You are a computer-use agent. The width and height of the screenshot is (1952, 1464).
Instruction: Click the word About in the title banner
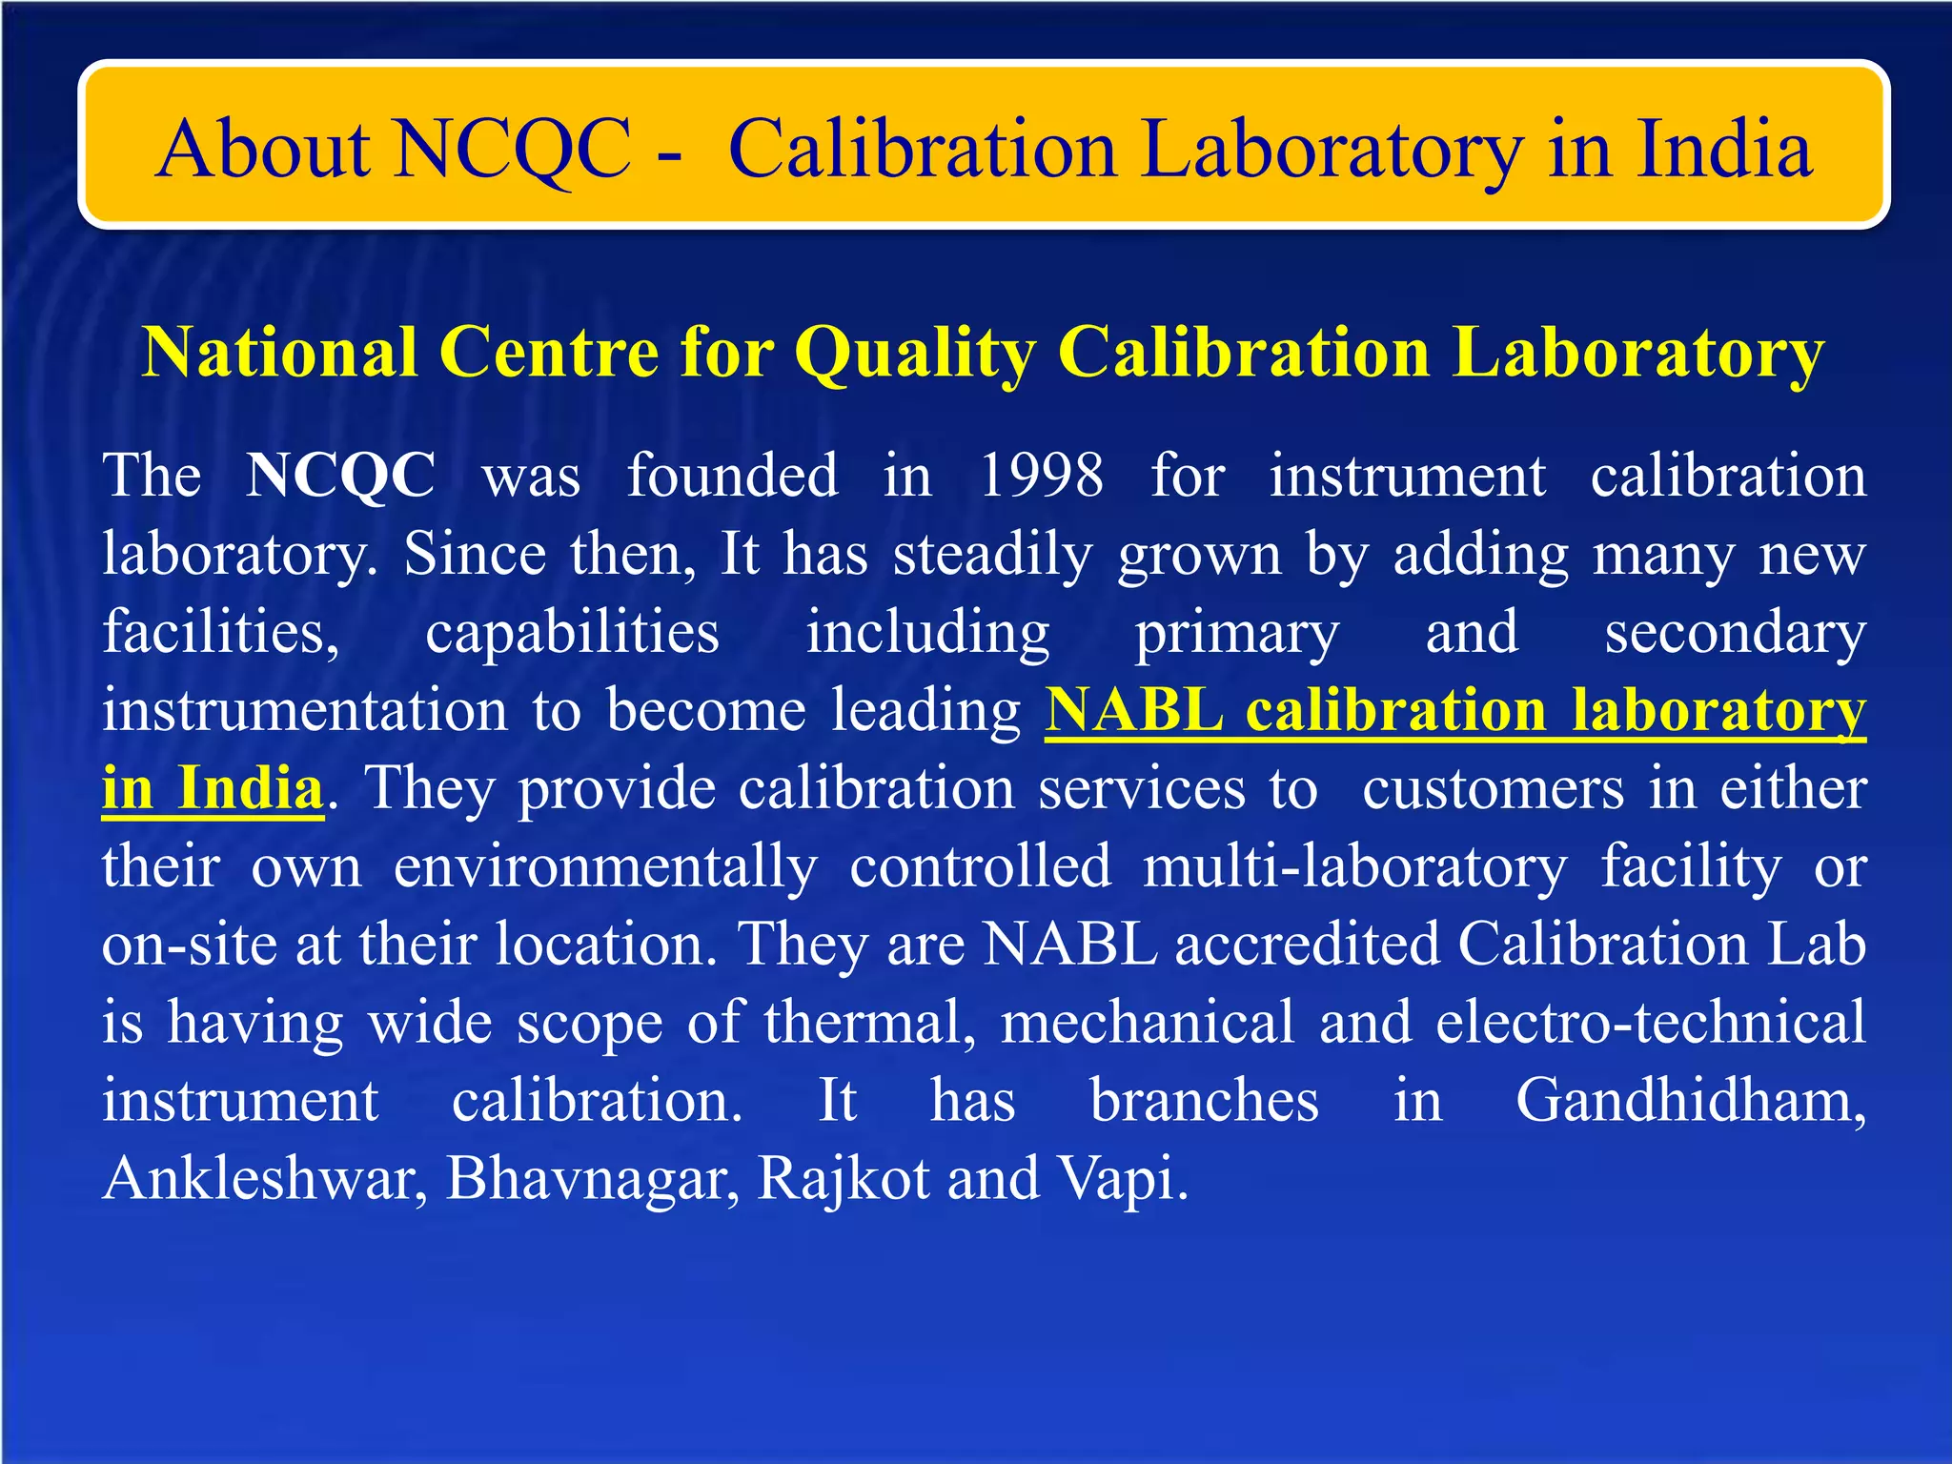pyautogui.click(x=263, y=150)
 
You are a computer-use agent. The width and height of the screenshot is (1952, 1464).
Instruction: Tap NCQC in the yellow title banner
pyautogui.click(x=511, y=150)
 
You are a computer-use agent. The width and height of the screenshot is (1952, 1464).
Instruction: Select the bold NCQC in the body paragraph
pyautogui.click(x=340, y=475)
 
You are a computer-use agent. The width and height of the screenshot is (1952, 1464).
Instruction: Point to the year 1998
pyautogui.click(x=1041, y=475)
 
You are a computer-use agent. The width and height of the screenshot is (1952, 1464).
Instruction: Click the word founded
pyautogui.click(x=732, y=475)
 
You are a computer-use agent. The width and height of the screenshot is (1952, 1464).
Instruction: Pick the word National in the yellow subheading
pyautogui.click(x=279, y=352)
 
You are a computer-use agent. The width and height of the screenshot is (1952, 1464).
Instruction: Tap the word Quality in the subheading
pyautogui.click(x=914, y=352)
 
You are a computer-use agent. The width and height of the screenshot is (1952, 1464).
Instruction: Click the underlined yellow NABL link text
pyautogui.click(x=1134, y=710)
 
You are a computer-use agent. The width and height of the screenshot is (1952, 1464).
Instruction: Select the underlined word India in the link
pyautogui.click(x=251, y=788)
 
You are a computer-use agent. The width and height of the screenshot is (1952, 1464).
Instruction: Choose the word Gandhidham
pyautogui.click(x=1690, y=1100)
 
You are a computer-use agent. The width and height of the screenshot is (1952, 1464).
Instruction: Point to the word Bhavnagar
pyautogui.click(x=592, y=1178)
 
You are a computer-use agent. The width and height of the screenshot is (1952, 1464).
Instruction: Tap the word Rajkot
pyautogui.click(x=843, y=1178)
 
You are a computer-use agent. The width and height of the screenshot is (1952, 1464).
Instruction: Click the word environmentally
pyautogui.click(x=605, y=866)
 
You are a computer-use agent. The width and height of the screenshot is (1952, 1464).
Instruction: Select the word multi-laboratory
pyautogui.click(x=1354, y=866)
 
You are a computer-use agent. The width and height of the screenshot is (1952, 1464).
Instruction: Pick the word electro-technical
pyautogui.click(x=1650, y=1022)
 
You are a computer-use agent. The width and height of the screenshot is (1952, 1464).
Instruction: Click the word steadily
pyautogui.click(x=992, y=554)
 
